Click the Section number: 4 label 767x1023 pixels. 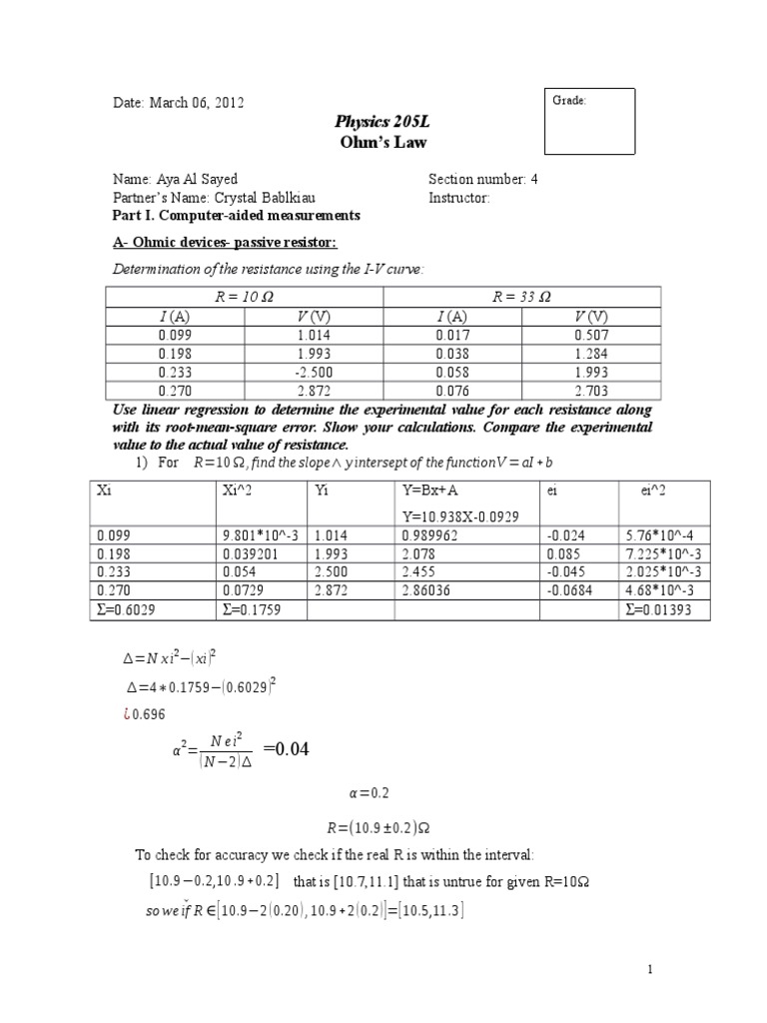482,180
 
